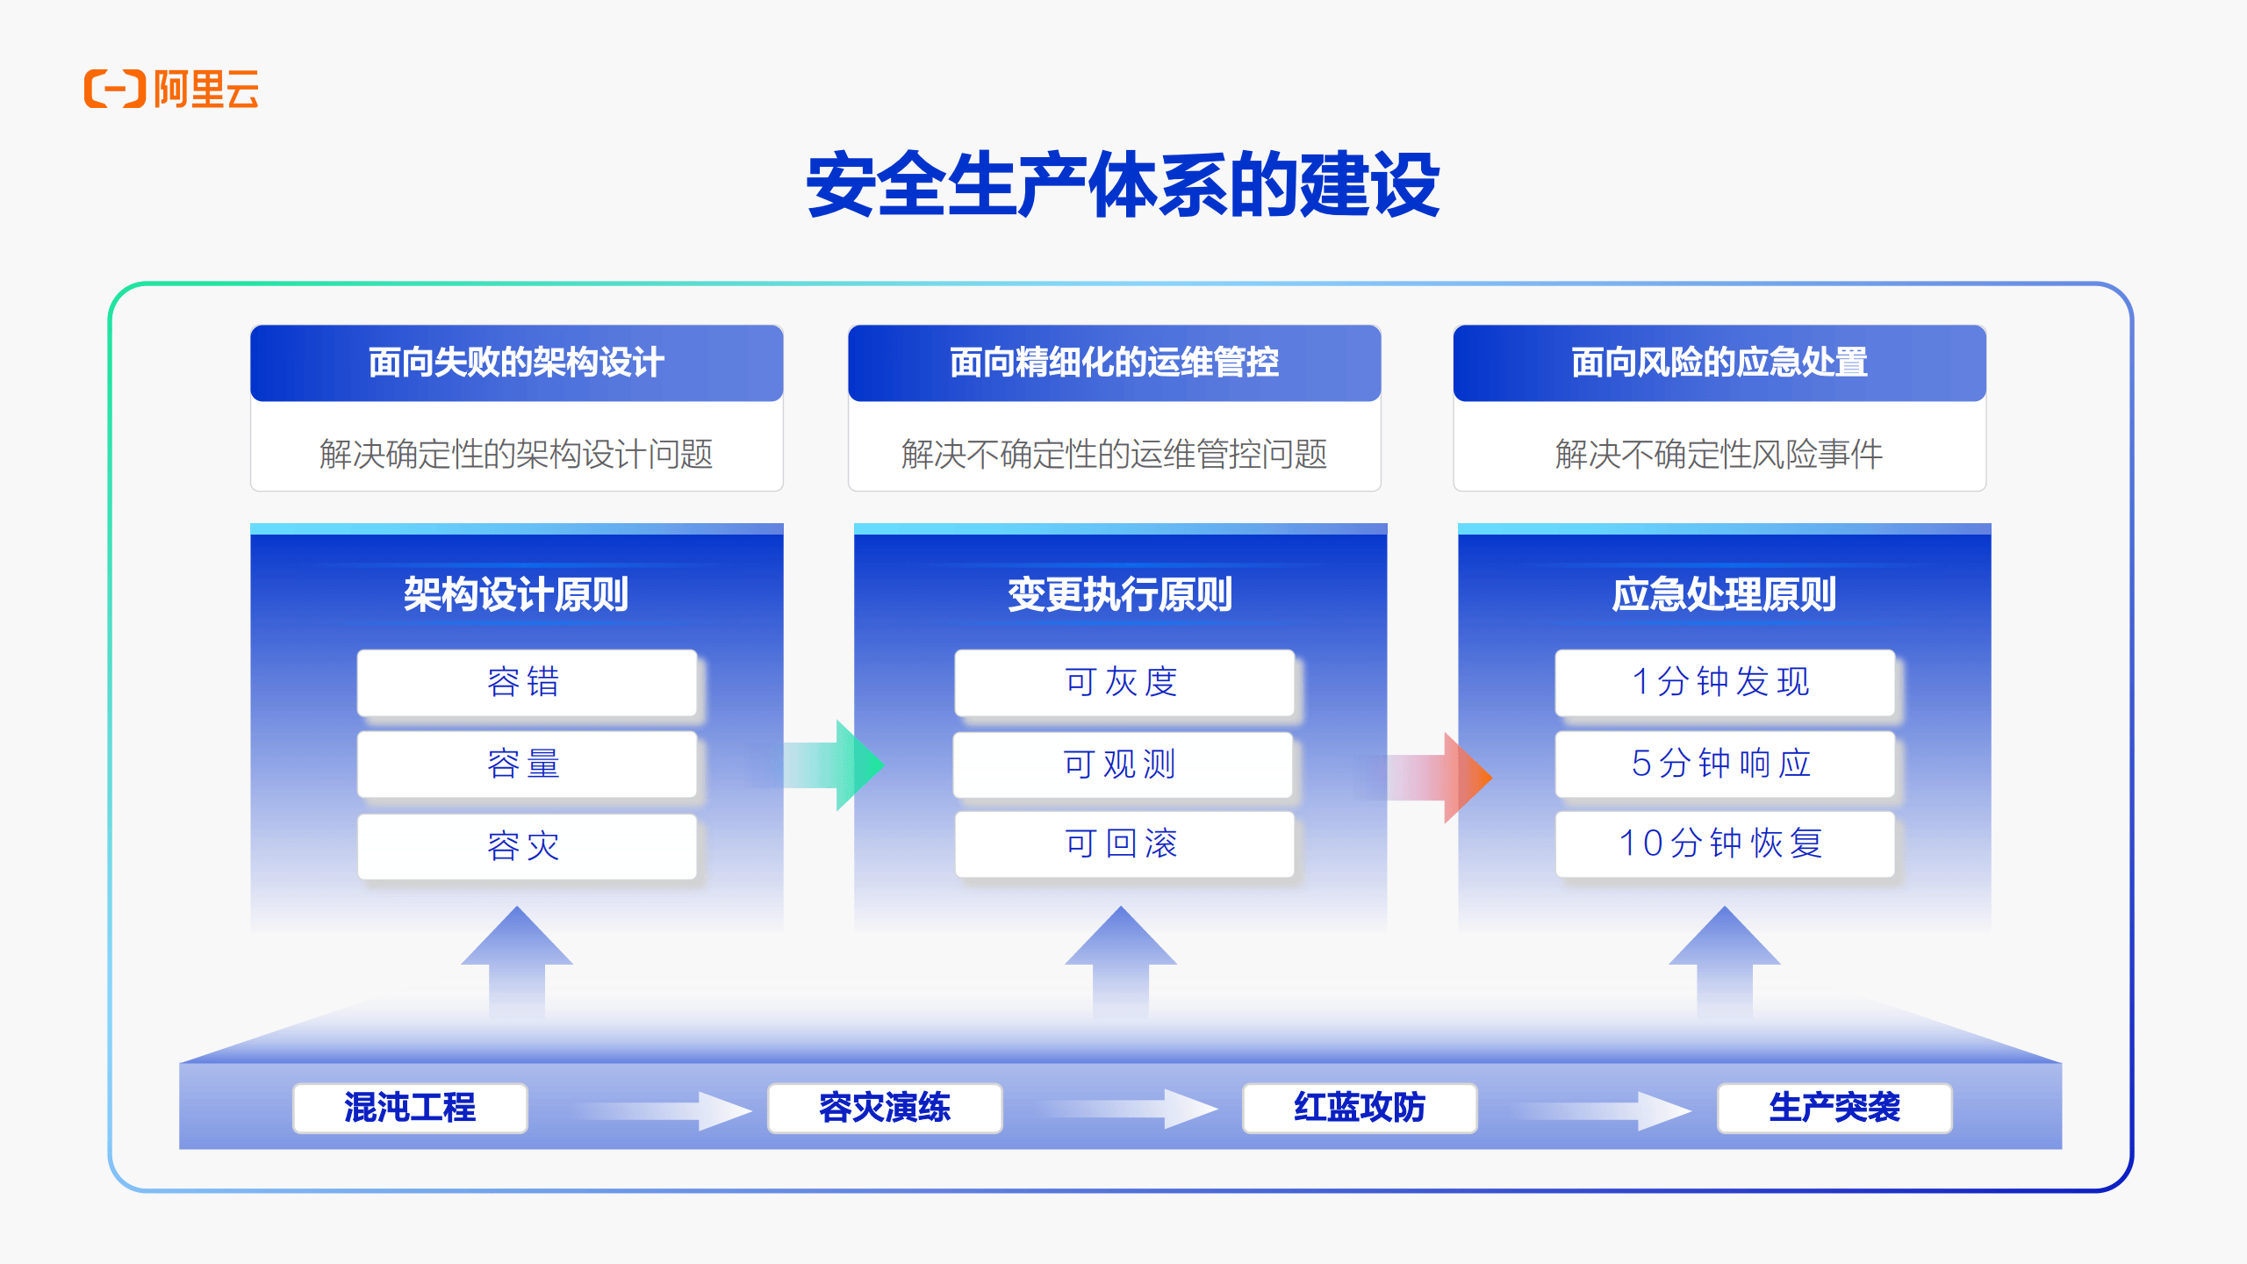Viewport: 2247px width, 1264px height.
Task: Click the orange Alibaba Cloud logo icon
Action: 115,89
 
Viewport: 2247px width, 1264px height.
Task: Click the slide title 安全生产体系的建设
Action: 1123,184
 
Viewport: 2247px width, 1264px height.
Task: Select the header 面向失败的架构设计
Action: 516,363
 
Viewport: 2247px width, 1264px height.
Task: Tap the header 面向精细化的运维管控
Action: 1114,363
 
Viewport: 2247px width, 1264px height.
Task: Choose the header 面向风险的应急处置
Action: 1719,363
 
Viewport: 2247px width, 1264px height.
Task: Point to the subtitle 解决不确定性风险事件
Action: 1719,454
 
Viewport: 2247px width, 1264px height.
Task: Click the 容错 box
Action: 527,682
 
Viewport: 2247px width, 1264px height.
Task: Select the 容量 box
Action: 527,764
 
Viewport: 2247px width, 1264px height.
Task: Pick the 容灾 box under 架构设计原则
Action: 527,846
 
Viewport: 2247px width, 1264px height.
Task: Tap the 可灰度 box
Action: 1124,682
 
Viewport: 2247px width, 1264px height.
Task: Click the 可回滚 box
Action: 1124,844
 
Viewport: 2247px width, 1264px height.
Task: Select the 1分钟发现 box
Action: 1725,682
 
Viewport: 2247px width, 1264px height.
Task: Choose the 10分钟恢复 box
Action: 1725,844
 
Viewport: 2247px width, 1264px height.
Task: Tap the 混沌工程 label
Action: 410,1108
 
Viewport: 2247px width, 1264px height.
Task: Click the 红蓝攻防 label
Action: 1360,1108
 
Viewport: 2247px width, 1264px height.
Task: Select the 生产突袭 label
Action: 1834,1108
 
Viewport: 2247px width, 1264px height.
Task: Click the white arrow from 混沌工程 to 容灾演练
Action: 664,1110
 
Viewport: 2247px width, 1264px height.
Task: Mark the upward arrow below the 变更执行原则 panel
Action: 1121,962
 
